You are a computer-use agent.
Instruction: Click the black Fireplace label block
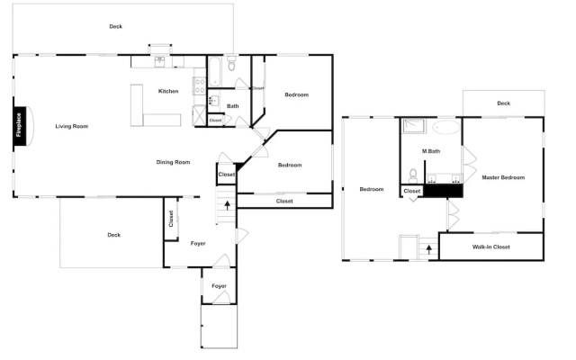point(20,126)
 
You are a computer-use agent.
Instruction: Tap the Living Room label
point(72,126)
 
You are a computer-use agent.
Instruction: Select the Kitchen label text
point(168,91)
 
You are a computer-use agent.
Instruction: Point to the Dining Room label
point(173,162)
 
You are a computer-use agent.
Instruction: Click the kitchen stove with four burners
point(200,86)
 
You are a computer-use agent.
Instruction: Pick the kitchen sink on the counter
point(159,62)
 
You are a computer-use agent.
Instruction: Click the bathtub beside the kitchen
point(214,72)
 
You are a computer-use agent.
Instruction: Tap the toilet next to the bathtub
point(231,63)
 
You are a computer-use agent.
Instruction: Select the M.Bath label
point(431,151)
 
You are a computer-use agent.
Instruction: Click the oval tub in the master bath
point(446,127)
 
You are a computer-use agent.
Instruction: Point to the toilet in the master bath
point(413,176)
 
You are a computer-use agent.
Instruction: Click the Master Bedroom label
point(503,177)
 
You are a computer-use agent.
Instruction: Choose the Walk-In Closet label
point(491,247)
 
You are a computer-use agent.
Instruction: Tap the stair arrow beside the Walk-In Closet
point(428,249)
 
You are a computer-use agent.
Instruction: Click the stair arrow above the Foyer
point(228,205)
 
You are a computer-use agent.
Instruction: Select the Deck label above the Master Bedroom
point(504,103)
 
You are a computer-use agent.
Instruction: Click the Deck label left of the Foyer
point(114,235)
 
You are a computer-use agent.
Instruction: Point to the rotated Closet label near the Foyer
point(171,218)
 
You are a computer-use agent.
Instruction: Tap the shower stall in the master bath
point(414,126)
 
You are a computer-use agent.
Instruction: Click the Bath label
point(232,106)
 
